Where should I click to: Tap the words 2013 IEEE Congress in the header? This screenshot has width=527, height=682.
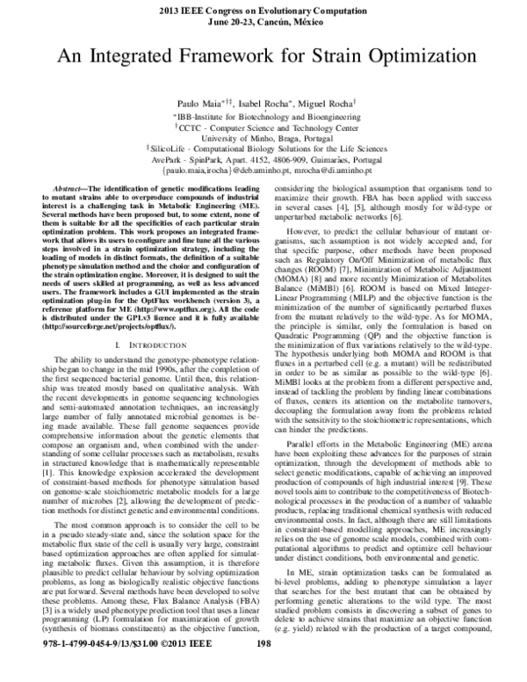217,9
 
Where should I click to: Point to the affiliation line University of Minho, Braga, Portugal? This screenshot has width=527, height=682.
263,139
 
